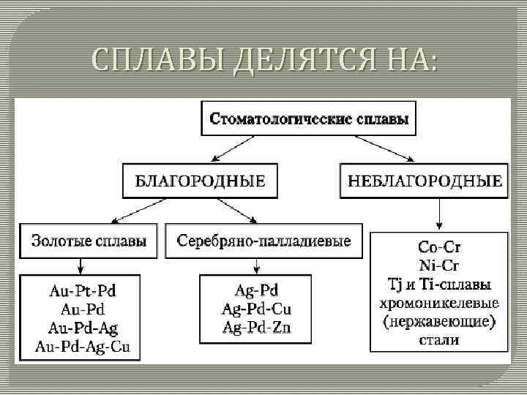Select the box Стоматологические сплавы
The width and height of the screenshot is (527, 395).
click(x=309, y=118)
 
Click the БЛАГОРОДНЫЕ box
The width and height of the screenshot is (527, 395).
click(x=200, y=181)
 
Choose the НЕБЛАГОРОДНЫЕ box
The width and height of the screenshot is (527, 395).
click(x=425, y=181)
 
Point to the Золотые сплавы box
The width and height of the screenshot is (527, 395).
click(x=88, y=241)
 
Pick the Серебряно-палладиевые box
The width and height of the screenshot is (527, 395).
click(x=263, y=241)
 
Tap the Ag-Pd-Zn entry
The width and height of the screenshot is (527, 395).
click(x=256, y=327)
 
